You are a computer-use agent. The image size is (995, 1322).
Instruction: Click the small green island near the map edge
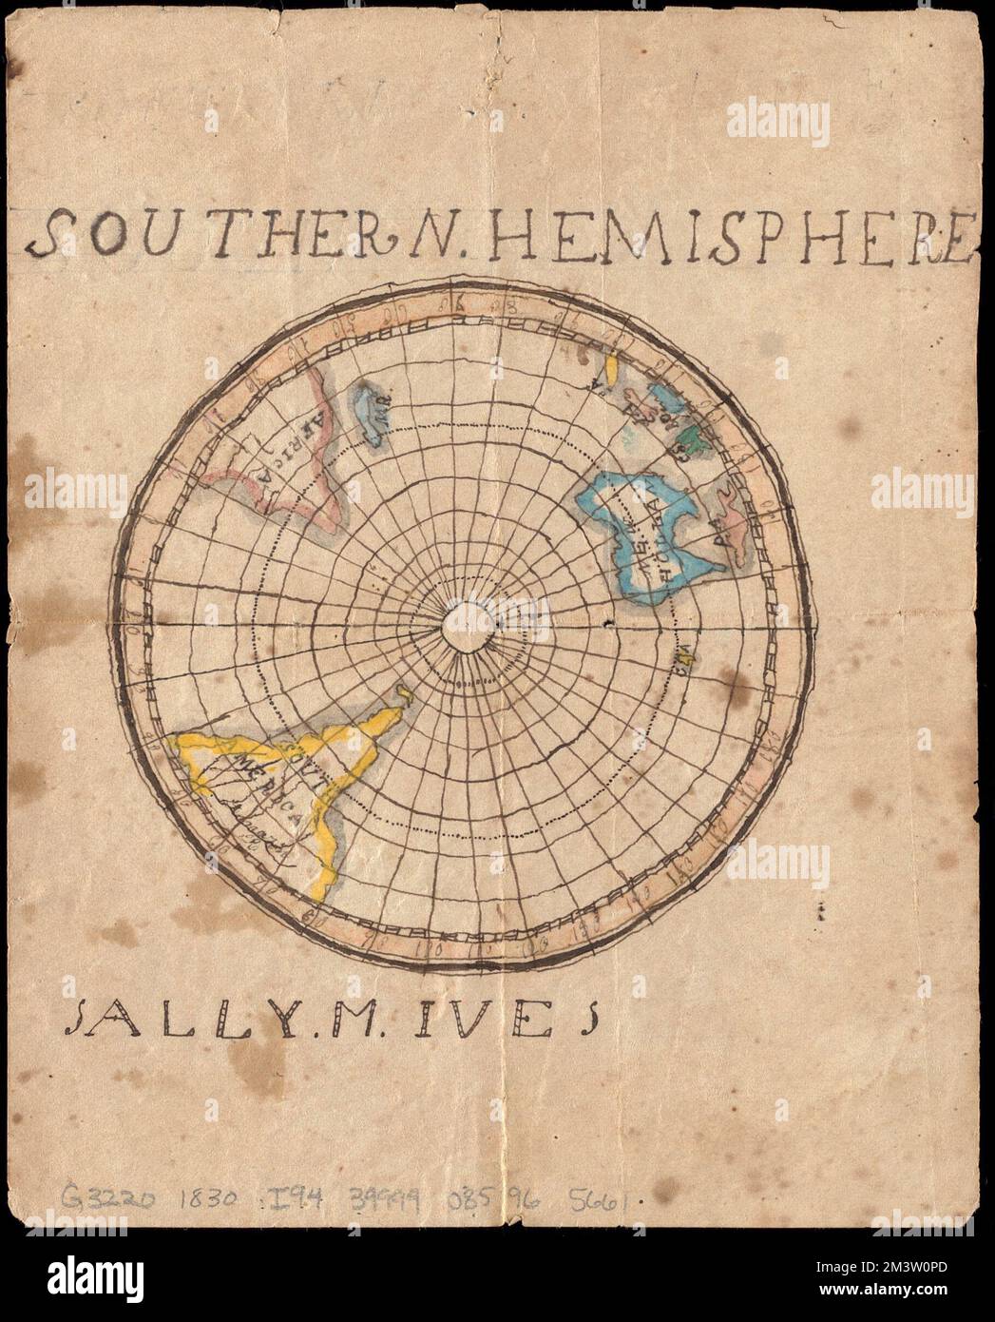(698, 436)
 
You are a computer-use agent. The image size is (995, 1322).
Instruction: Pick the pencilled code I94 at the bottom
(289, 1196)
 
